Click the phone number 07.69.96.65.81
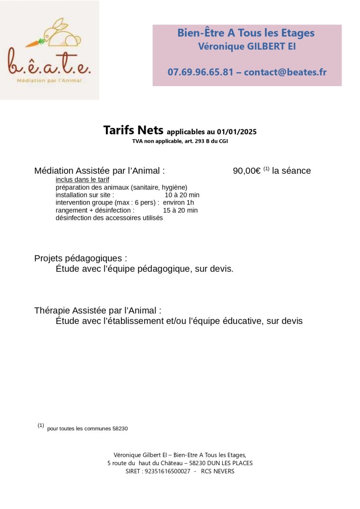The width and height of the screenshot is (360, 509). coord(200,72)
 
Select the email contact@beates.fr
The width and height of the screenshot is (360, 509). coord(285,72)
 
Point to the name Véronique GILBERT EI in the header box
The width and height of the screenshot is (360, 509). coord(247,47)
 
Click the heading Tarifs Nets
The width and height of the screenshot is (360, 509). coord(133,131)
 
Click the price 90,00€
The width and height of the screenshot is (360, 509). coord(247,171)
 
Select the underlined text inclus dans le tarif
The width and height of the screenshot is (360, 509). coord(82,179)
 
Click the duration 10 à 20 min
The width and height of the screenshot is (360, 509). coord(182,195)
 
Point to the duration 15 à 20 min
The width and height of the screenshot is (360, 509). coord(180,210)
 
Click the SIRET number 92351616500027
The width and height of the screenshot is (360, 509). coord(168,471)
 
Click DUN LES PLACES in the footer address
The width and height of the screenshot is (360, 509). coord(226,463)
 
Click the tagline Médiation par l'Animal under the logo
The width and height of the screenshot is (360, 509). coord(49,80)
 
